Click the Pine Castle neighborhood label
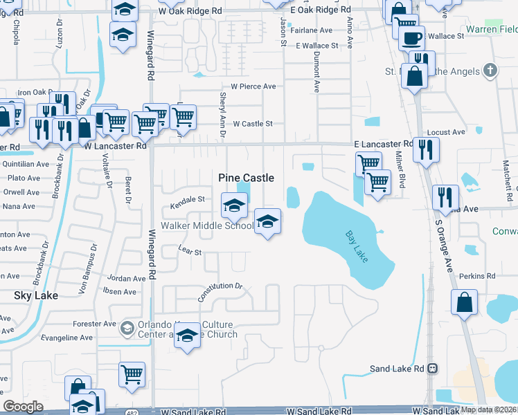point(246,178)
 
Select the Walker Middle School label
point(207,225)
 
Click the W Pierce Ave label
point(253,86)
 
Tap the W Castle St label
point(253,124)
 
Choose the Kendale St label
point(188,199)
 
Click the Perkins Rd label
point(481,276)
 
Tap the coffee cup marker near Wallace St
point(413,37)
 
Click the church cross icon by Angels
point(490,71)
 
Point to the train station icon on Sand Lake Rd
point(433,369)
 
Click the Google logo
point(23,406)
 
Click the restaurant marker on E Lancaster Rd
point(426,149)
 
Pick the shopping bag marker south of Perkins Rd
point(464,302)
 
